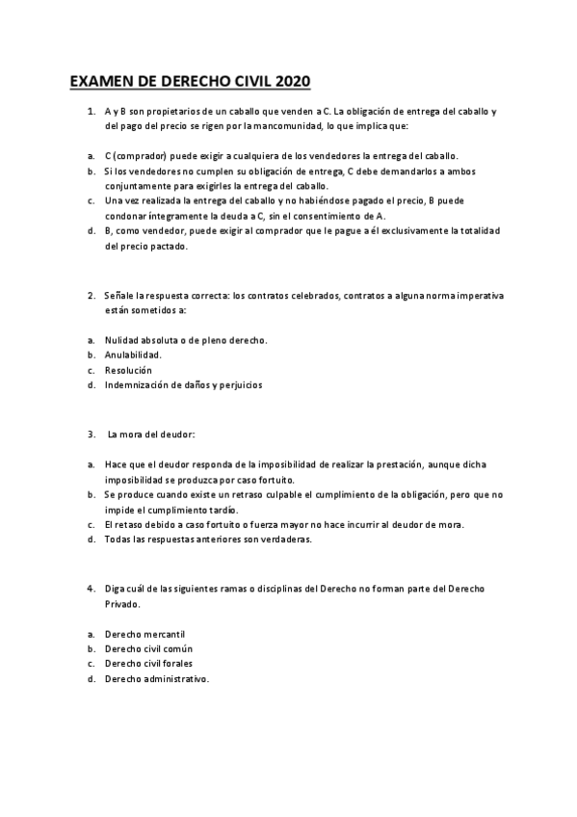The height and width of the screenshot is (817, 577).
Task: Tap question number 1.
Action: coord(91,112)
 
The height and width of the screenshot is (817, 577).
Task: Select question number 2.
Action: coord(91,295)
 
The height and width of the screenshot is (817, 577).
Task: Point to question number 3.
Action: coord(91,435)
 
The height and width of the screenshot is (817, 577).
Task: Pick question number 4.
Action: coord(91,588)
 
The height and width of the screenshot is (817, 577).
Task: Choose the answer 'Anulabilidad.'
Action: coord(133,355)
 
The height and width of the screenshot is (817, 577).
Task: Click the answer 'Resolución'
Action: coord(128,370)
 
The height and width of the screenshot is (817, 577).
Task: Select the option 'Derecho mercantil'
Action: coord(144,634)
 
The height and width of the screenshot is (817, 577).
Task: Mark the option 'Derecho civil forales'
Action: coord(148,664)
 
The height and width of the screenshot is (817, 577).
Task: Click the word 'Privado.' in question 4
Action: coord(122,604)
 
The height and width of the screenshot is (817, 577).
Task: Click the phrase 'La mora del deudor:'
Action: coord(152,435)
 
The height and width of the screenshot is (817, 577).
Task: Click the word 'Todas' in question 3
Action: coord(118,540)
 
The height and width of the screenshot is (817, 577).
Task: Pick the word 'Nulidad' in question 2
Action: coord(122,340)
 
